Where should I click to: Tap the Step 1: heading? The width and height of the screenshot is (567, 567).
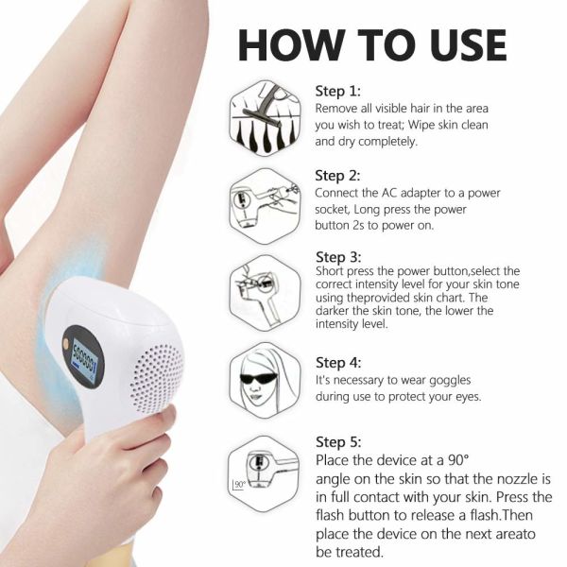[337, 92]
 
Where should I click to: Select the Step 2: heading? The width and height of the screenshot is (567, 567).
[337, 176]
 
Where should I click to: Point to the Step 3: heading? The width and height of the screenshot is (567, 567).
[337, 257]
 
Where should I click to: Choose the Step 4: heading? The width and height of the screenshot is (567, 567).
[337, 363]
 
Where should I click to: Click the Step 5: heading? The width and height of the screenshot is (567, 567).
[337, 442]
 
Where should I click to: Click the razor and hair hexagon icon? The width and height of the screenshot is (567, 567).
[265, 118]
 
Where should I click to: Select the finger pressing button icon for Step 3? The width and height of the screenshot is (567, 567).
[265, 288]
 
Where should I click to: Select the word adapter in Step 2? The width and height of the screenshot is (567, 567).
[414, 194]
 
